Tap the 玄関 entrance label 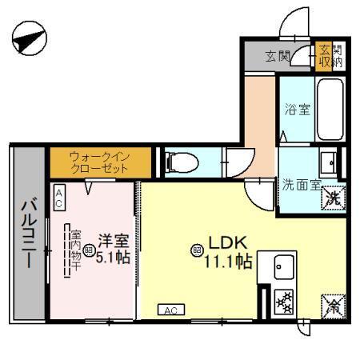coord(278,57)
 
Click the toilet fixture coord(179,162)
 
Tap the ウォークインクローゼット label coord(98,163)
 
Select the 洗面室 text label coord(300,183)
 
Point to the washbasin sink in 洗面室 coord(328,163)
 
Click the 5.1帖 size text coord(114,258)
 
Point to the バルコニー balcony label coord(26,233)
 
